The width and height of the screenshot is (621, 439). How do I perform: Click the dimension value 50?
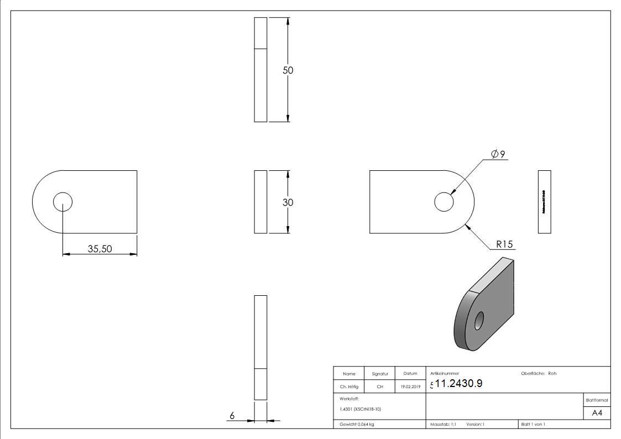pyautogui.click(x=288, y=70)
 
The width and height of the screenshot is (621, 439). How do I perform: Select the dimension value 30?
pyautogui.click(x=288, y=202)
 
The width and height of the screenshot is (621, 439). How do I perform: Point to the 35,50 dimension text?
pyautogui.click(x=100, y=249)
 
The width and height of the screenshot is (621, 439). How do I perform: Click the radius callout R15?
pyautogui.click(x=504, y=244)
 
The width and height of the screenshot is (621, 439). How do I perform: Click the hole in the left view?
pyautogui.click(x=63, y=202)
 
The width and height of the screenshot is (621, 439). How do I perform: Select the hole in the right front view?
pyautogui.click(x=443, y=202)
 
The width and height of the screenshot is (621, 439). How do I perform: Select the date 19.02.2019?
pyautogui.click(x=410, y=387)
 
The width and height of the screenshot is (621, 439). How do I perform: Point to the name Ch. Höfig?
pyautogui.click(x=349, y=387)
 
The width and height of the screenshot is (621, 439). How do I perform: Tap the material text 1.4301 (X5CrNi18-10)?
pyautogui.click(x=361, y=409)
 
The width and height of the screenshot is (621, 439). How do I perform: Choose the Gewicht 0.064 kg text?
pyautogui.click(x=357, y=425)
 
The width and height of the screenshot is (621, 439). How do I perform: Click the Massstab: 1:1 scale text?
pyautogui.click(x=443, y=425)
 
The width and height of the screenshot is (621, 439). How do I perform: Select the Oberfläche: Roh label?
pyautogui.click(x=539, y=373)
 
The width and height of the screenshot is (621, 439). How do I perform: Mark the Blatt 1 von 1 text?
pyautogui.click(x=533, y=425)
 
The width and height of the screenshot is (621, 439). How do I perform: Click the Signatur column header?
pyautogui.click(x=380, y=374)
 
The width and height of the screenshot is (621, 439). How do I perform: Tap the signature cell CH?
pyautogui.click(x=380, y=387)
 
